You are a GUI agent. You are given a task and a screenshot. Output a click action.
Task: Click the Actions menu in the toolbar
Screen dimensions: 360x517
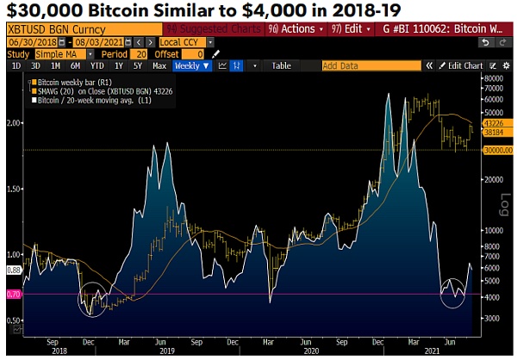coord(293,28)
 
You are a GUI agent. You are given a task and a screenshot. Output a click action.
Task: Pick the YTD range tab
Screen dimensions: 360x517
coord(97,65)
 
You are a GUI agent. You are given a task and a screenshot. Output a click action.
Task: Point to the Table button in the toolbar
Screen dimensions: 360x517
coord(281,65)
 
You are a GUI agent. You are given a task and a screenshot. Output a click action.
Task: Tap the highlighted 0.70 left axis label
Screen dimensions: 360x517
coord(12,295)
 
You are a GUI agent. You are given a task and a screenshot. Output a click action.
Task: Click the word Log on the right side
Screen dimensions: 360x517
coord(505,205)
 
